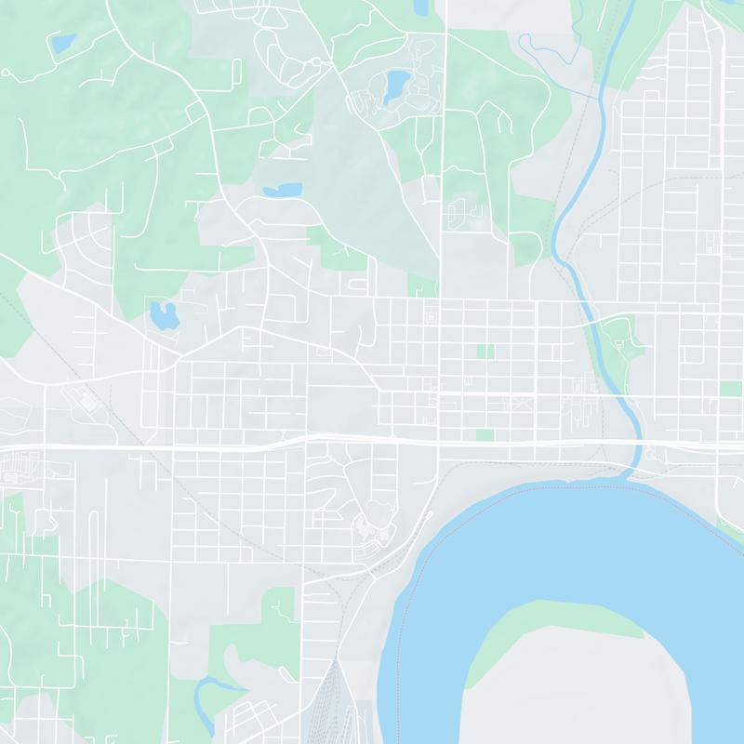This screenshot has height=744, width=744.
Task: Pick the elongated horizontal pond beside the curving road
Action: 283,190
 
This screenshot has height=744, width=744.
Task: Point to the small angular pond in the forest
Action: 62,44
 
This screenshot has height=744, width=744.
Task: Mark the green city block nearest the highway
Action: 485,434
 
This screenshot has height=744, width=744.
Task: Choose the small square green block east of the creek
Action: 731,388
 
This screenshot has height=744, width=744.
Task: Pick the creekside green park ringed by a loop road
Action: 618,339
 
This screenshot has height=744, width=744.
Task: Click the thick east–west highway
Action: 232,446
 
